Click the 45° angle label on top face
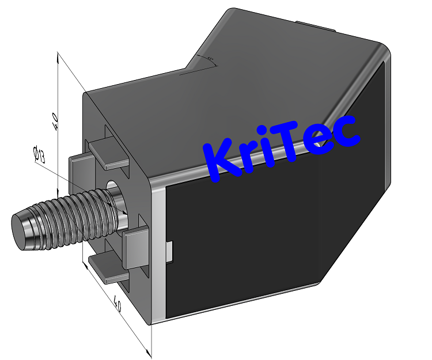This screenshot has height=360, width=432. [x=210, y=59]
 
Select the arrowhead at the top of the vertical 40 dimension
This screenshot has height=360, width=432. [x=58, y=55]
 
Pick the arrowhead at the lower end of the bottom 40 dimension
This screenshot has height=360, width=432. [x=151, y=353]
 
